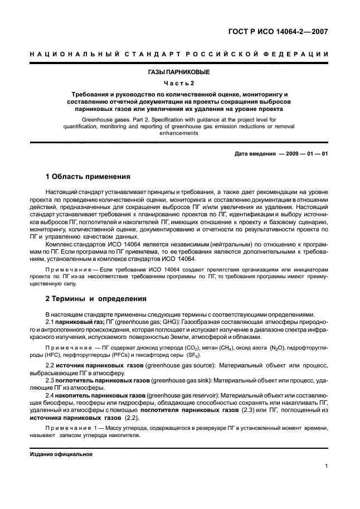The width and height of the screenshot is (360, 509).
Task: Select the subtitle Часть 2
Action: (x=179, y=83)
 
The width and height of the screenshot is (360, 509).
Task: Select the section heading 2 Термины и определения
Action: (x=96, y=298)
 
